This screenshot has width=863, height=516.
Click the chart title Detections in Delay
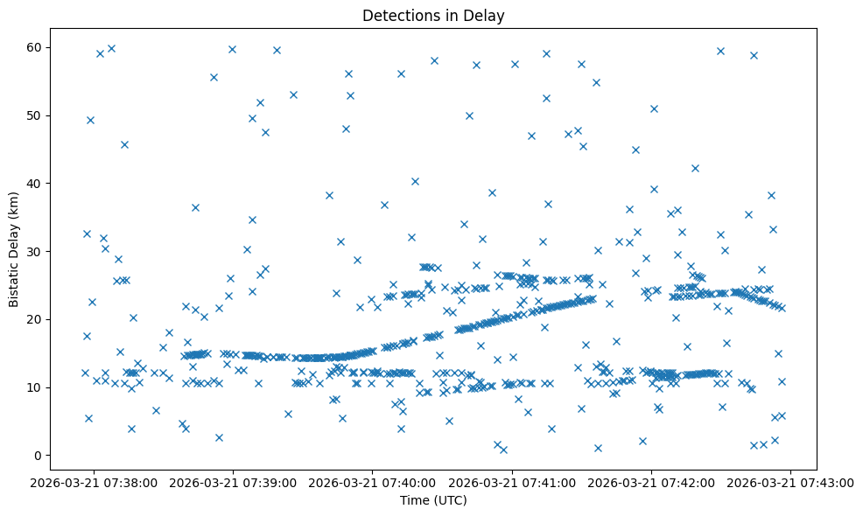click(x=434, y=16)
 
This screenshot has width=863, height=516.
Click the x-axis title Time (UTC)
click(x=434, y=500)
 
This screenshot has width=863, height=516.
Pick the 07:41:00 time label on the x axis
click(x=512, y=482)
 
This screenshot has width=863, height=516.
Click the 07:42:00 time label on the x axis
click(x=651, y=482)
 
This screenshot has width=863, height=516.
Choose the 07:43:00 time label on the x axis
click(x=790, y=482)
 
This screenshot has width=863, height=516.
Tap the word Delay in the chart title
click(x=488, y=16)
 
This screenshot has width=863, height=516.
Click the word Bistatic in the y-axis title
click(x=15, y=278)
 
